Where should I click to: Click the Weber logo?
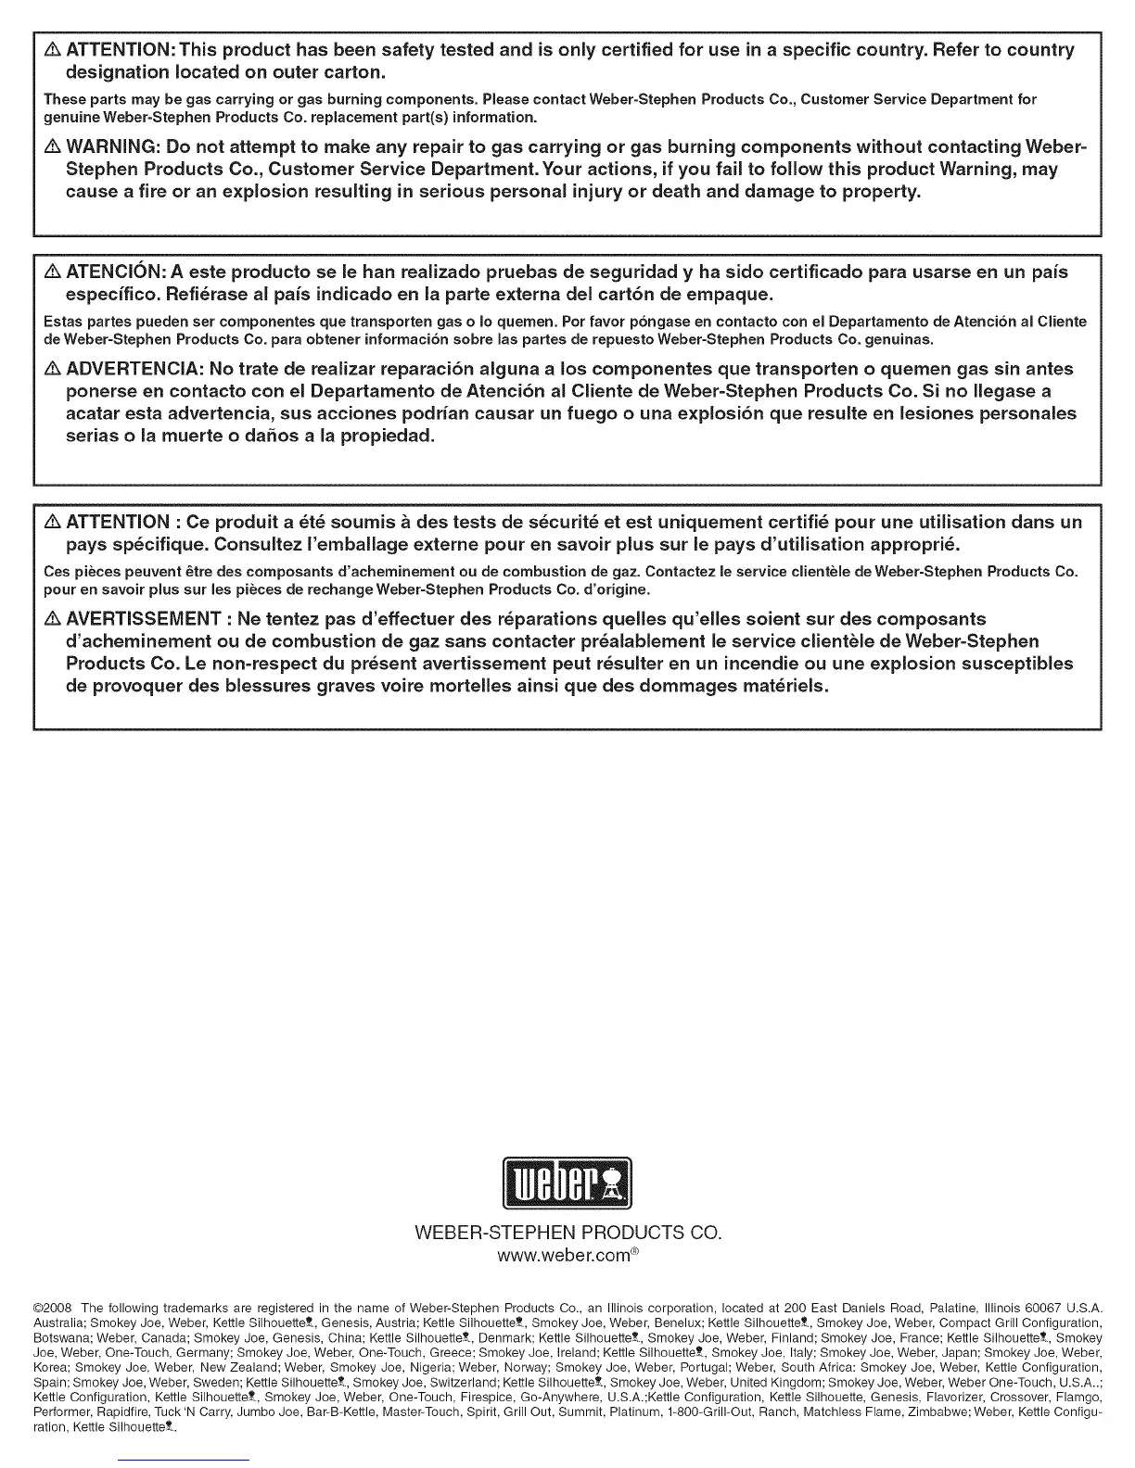tap(567, 1183)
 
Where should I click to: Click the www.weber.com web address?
tap(567, 1257)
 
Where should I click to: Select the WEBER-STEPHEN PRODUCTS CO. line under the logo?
tap(567, 1234)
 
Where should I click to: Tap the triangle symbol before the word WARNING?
tap(53, 147)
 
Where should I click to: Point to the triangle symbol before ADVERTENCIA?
tap(53, 369)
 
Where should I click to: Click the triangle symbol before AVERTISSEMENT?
tap(53, 619)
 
